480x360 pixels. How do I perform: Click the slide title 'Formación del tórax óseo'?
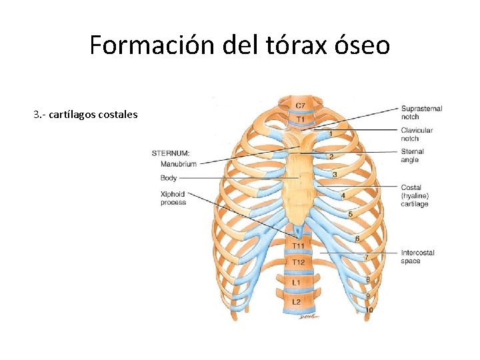(239, 45)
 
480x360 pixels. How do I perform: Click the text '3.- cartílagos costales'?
(85, 115)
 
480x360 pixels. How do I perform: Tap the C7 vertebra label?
(301, 105)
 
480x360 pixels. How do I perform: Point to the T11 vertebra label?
(297, 247)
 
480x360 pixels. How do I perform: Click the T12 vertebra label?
(298, 262)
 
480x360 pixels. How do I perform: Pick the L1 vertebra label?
(297, 283)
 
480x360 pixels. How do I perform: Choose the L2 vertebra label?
(297, 302)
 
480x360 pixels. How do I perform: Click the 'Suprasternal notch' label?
(421, 113)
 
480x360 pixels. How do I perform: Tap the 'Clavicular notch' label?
(417, 134)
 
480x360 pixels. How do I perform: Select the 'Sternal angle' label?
(413, 155)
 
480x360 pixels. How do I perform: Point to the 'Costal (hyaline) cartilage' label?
(415, 196)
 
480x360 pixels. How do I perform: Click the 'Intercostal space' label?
(417, 257)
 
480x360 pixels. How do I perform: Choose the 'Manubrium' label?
(178, 164)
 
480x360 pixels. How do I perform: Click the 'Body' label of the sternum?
(169, 178)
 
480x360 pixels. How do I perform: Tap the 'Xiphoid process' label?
(173, 198)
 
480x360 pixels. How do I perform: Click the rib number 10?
(369, 310)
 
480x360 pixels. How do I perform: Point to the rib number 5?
(350, 214)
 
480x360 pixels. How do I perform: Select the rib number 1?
(331, 134)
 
